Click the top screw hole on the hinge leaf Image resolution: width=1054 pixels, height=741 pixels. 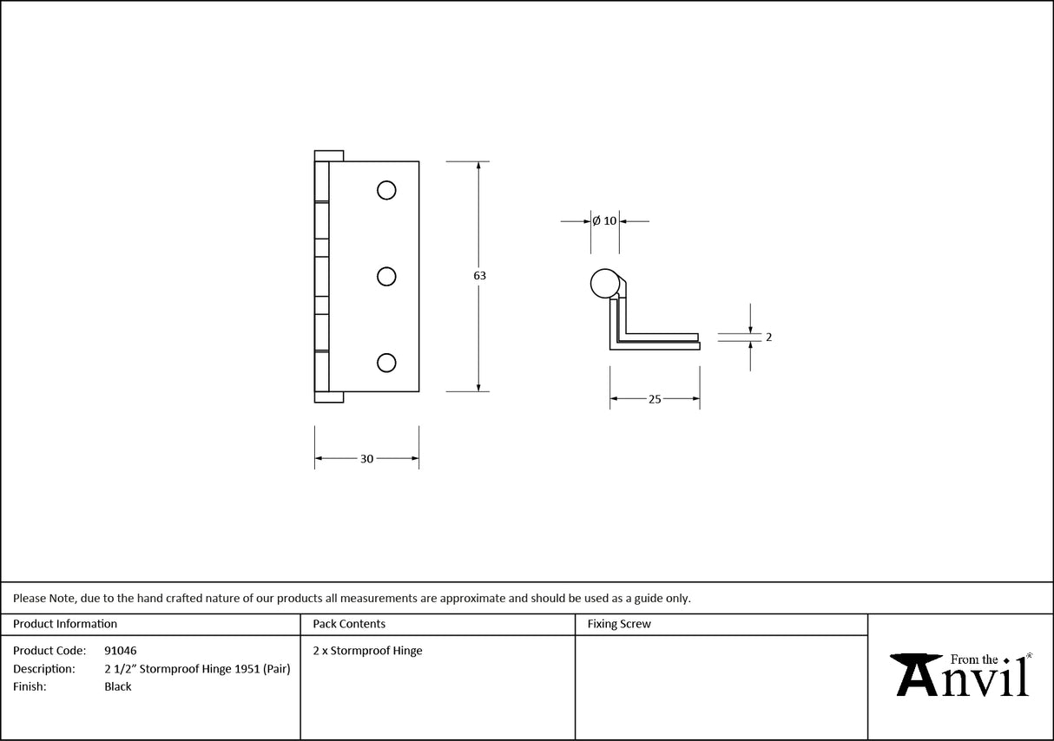click(387, 190)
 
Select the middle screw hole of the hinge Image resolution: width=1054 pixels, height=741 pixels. click(387, 277)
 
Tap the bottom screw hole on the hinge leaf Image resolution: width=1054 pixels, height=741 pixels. click(387, 363)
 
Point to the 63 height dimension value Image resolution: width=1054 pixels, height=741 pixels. click(479, 276)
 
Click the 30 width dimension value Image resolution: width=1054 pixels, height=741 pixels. click(366, 459)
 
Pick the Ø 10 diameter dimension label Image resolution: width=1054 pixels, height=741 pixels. click(604, 221)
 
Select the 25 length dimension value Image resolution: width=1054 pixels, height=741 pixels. click(655, 399)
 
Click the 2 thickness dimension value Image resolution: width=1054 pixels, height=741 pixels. click(768, 338)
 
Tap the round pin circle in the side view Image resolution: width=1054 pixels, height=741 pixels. click(604, 284)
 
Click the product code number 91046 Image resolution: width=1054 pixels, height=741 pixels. click(120, 651)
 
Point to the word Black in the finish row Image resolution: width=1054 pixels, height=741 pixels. click(117, 687)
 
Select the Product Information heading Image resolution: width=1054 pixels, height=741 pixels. click(65, 624)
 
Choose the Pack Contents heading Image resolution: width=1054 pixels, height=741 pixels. click(349, 624)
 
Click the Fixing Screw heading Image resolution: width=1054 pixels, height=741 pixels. click(619, 624)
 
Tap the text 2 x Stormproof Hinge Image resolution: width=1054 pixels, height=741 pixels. click(367, 651)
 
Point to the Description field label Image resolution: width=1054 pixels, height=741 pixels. click(43, 669)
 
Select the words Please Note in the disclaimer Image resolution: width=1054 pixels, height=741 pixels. click(44, 598)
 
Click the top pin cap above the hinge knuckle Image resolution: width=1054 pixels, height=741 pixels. click(329, 155)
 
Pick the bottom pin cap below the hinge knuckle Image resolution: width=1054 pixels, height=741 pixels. click(329, 397)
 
